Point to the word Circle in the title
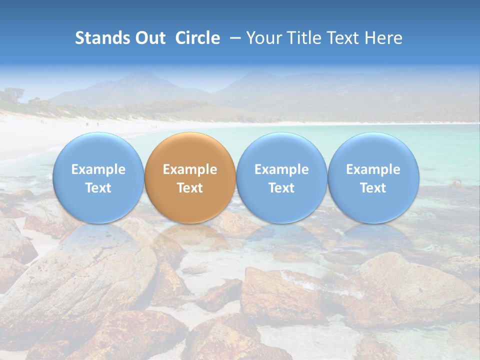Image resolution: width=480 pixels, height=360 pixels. tap(197, 38)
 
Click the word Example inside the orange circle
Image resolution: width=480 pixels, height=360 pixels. tap(190, 169)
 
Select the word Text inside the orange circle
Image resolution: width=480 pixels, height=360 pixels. tap(190, 188)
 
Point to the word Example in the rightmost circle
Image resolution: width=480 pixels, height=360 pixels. tap(373, 169)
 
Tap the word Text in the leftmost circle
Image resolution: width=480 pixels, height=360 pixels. tap(98, 188)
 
